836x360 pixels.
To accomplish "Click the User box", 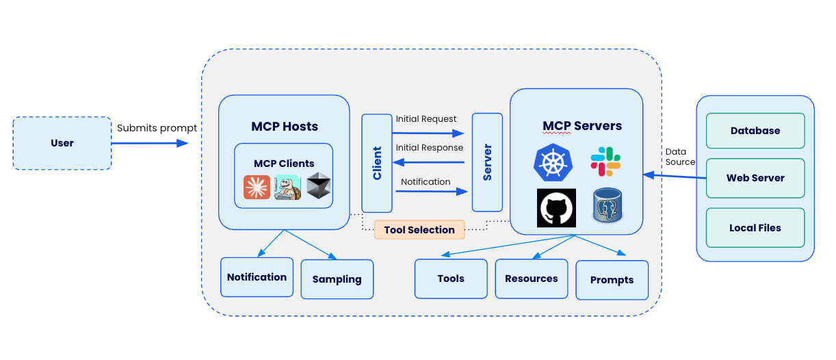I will [62, 143].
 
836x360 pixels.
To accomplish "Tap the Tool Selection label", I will [419, 230].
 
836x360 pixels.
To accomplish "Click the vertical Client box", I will [377, 163].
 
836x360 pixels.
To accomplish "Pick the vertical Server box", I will [487, 162].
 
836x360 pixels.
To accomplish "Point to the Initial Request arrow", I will [430, 133].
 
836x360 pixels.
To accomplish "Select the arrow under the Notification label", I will [430, 192].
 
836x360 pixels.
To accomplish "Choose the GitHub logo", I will [556, 208].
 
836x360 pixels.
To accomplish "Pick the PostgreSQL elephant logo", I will [608, 205].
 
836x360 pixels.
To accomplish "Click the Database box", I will [755, 131].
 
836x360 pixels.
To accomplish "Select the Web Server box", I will [755, 178].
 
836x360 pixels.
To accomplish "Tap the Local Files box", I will [755, 228].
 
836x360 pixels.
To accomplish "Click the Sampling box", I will [337, 279].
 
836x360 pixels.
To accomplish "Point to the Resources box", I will [532, 279].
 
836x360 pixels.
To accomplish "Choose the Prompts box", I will [612, 280].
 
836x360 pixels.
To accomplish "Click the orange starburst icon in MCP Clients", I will [257, 187].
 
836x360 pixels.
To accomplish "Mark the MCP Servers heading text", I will [582, 126].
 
